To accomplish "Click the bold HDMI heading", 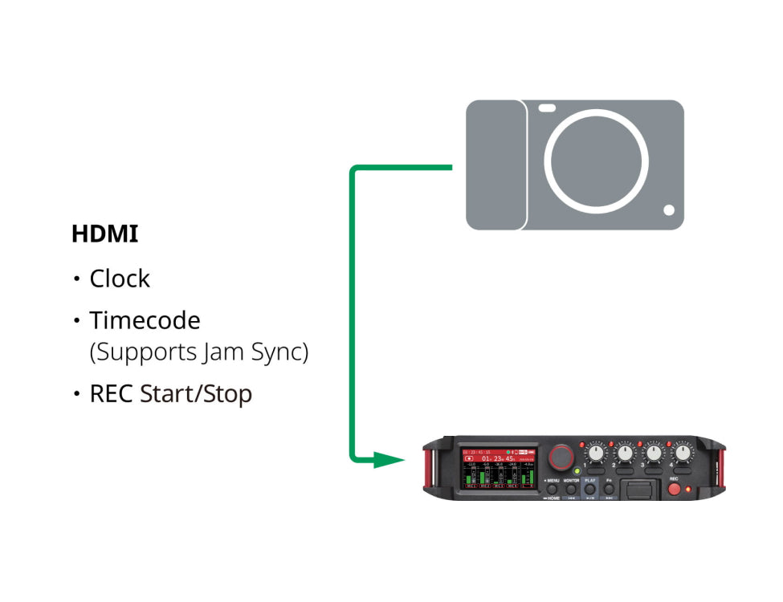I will pyautogui.click(x=104, y=234).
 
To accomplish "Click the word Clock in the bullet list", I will pyautogui.click(x=120, y=279).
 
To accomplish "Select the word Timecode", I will pyautogui.click(x=145, y=320).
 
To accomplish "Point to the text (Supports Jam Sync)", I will pyautogui.click(x=198, y=352).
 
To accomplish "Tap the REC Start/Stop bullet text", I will pyautogui.click(x=170, y=394).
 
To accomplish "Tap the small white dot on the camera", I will pyautogui.click(x=669, y=210).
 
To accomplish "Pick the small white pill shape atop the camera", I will pyautogui.click(x=548, y=108).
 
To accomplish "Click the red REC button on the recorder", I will pyautogui.click(x=674, y=488).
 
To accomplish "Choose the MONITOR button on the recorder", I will pyautogui.click(x=571, y=489).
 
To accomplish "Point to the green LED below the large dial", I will pyautogui.click(x=577, y=470).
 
